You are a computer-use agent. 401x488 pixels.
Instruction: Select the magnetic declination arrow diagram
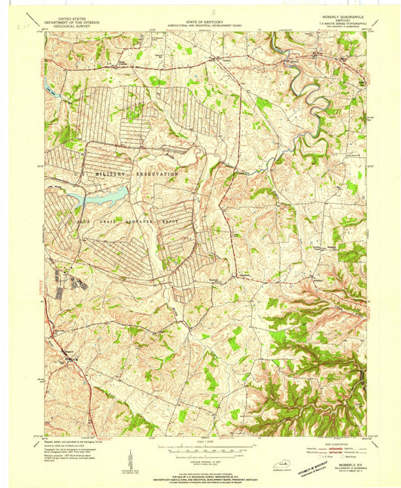(131, 457)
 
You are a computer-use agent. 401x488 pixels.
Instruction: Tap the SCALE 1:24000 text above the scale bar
(202, 441)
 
